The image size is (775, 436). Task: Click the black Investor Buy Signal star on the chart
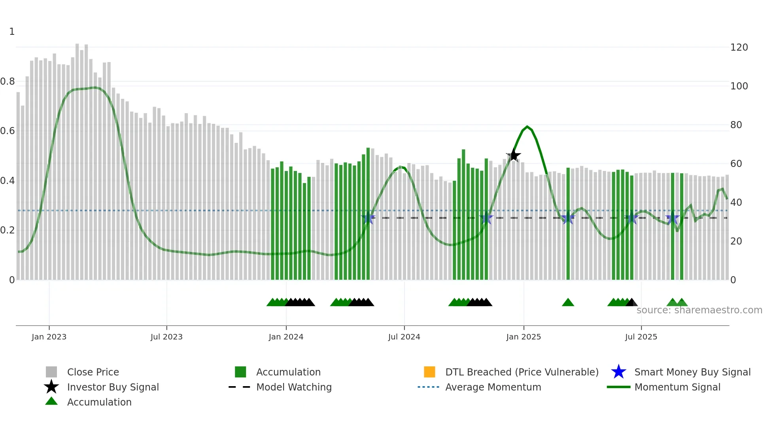pos(514,155)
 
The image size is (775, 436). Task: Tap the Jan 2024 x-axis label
pos(286,337)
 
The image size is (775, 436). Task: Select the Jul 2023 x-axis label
pos(166,337)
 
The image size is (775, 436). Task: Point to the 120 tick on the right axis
pos(739,47)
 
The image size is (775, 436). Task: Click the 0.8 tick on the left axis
pos(8,82)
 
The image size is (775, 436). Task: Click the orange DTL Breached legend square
pos(429,372)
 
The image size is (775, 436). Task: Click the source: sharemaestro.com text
pos(699,310)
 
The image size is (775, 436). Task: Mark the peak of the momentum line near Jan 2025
pos(527,127)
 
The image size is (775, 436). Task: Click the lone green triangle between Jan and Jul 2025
pos(568,303)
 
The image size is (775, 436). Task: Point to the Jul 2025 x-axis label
pos(641,337)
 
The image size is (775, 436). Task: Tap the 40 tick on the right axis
pos(736,203)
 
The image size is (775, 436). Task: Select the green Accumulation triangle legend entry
pos(99,402)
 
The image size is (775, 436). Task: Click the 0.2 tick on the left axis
pos(8,230)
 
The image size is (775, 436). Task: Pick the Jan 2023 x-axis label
pos(49,337)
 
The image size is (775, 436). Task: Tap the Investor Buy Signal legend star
pos(51,387)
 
